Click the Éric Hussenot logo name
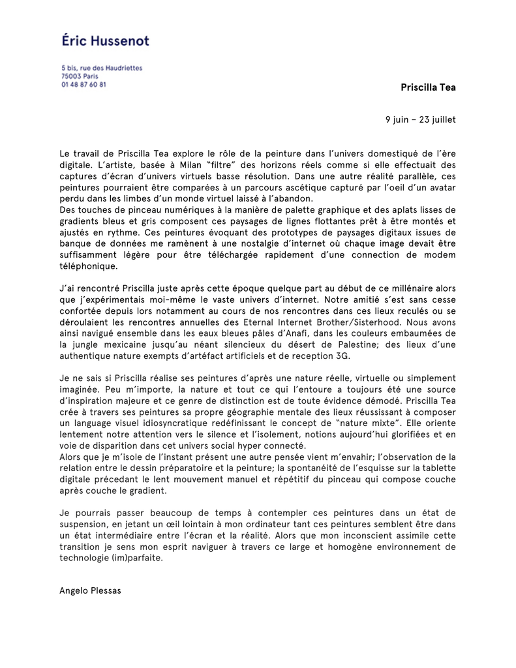105,40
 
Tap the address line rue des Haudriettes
102,68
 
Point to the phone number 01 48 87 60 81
83,85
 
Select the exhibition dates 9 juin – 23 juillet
420,119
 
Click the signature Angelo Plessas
90,590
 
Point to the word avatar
441,188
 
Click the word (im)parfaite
133,558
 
